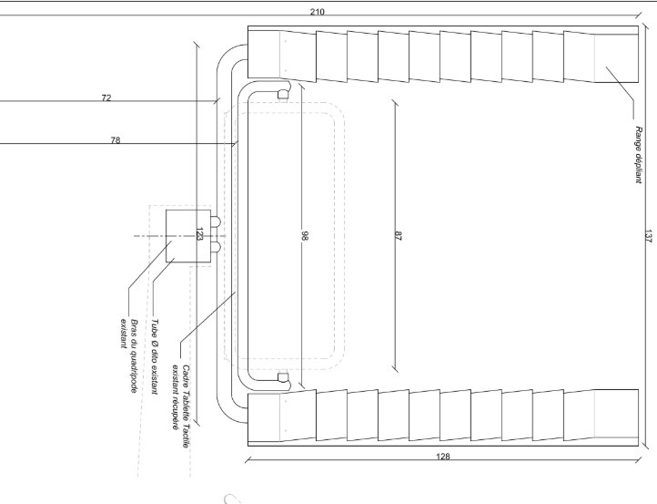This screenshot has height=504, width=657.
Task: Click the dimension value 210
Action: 318,12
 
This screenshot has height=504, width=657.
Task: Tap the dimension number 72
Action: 106,98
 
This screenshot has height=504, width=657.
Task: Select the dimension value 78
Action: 116,140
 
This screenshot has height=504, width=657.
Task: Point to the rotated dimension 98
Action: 305,236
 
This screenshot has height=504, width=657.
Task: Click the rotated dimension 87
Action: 398,236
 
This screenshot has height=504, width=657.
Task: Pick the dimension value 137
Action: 648,236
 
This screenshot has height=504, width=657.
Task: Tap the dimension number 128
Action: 443,457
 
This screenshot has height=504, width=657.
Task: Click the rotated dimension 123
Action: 199,234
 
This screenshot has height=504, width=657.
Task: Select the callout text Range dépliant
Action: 638,154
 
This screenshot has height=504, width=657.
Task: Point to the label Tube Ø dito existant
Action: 155,356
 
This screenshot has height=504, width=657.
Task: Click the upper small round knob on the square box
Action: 216,221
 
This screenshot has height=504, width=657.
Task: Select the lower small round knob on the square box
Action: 216,247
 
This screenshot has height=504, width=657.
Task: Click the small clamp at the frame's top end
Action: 283,95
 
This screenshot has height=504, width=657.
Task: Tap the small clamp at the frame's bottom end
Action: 283,377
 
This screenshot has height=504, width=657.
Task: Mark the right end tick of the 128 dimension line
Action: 638,460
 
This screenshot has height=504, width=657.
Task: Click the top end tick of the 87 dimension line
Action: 395,102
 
